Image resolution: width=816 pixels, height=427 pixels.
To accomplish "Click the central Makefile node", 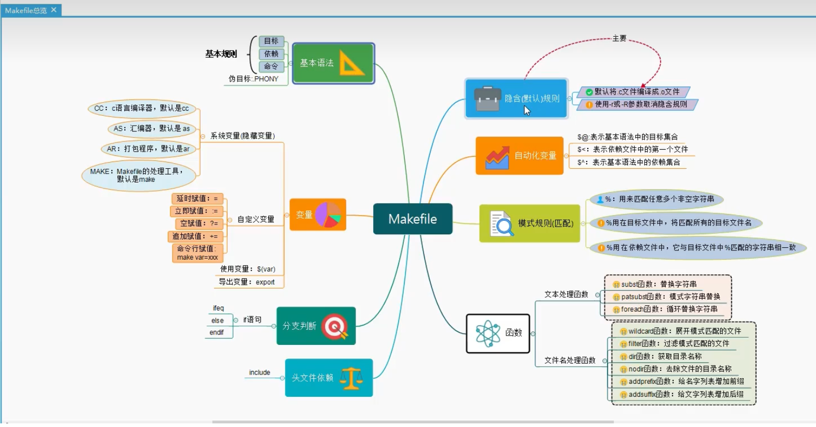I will pyautogui.click(x=413, y=219).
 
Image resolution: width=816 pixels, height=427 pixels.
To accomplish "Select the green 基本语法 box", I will pyautogui.click(x=333, y=63).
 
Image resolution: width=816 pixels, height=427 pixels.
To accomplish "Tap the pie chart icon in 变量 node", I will pyautogui.click(x=328, y=215).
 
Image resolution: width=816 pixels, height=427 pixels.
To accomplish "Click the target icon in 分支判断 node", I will pyautogui.click(x=335, y=326).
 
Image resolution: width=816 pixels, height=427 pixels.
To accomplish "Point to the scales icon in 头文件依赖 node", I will pyautogui.click(x=351, y=378).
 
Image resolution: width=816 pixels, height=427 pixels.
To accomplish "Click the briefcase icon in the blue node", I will pyautogui.click(x=488, y=98).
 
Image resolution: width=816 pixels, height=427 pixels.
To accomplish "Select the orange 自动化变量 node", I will pyautogui.click(x=519, y=155).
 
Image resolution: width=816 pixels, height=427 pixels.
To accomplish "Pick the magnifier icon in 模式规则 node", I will pyautogui.click(x=502, y=224).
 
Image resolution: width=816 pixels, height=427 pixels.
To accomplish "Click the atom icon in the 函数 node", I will pyautogui.click(x=488, y=333).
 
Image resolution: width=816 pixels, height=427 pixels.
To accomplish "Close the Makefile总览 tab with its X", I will pyautogui.click(x=54, y=10).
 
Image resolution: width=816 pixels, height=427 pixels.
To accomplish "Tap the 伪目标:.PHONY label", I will pyautogui.click(x=254, y=79).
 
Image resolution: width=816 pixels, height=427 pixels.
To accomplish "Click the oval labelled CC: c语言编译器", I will pyautogui.click(x=141, y=108).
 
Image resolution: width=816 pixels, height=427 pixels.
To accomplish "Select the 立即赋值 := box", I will pyautogui.click(x=196, y=211).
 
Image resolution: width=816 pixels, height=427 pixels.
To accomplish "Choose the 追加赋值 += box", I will pyautogui.click(x=195, y=236).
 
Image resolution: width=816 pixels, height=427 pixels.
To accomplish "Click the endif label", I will pyautogui.click(x=217, y=332).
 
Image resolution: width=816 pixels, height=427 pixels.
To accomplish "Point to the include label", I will pyautogui.click(x=259, y=372).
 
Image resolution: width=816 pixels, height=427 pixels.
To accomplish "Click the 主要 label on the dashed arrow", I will pyautogui.click(x=619, y=38).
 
